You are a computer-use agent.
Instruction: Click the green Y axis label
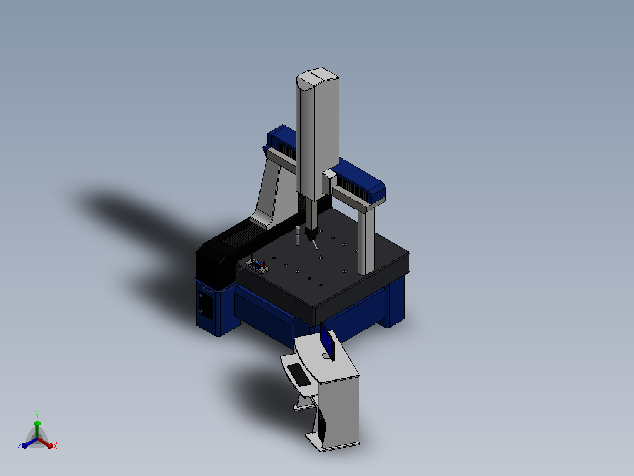[37, 414]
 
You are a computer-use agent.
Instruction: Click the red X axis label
[55, 446]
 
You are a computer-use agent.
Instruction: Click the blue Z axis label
[19, 446]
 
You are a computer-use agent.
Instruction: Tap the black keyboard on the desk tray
[299, 375]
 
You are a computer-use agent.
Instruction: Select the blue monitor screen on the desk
[327, 341]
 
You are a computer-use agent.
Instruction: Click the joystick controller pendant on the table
[257, 266]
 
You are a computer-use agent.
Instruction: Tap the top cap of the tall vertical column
[318, 77]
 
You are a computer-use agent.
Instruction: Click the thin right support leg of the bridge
[366, 241]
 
